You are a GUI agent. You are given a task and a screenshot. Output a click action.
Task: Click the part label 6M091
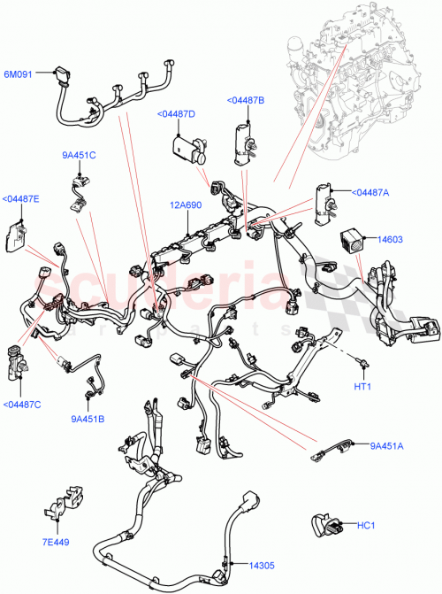coord(19,75)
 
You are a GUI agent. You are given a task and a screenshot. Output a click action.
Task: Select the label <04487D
coord(177,114)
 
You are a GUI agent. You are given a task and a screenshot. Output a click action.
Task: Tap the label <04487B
coord(245,101)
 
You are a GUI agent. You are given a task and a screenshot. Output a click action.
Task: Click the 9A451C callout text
coord(79,156)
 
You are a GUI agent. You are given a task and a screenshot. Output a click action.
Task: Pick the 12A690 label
coord(187,205)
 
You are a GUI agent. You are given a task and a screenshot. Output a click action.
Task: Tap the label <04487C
coord(21,405)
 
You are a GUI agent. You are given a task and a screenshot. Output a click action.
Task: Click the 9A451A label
coord(386,446)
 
